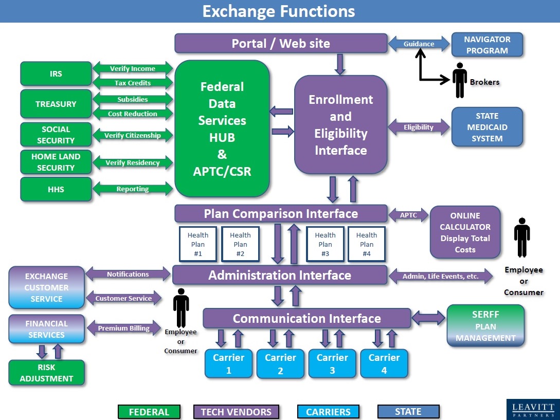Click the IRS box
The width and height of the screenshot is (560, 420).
56,74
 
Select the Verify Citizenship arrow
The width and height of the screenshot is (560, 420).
133,136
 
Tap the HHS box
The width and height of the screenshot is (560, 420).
56,189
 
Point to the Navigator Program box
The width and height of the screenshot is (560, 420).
486,45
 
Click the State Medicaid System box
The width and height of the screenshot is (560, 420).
486,127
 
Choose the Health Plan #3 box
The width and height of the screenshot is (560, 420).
325,244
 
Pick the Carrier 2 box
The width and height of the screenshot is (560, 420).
280,363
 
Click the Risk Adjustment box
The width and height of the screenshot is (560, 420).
46,373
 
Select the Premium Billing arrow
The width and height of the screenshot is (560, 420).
123,328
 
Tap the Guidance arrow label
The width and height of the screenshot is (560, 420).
419,44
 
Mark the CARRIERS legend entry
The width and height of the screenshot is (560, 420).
328,412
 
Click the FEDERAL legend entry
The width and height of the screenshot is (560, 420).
149,412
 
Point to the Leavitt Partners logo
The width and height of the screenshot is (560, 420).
533,409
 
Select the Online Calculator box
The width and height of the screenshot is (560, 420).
465,232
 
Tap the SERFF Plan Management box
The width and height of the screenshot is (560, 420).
485,326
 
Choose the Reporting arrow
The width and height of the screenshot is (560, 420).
133,189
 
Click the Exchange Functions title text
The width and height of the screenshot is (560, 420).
279,11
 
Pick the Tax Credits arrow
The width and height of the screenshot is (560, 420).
133,83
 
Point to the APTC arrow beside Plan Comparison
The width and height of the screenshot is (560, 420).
409,215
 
